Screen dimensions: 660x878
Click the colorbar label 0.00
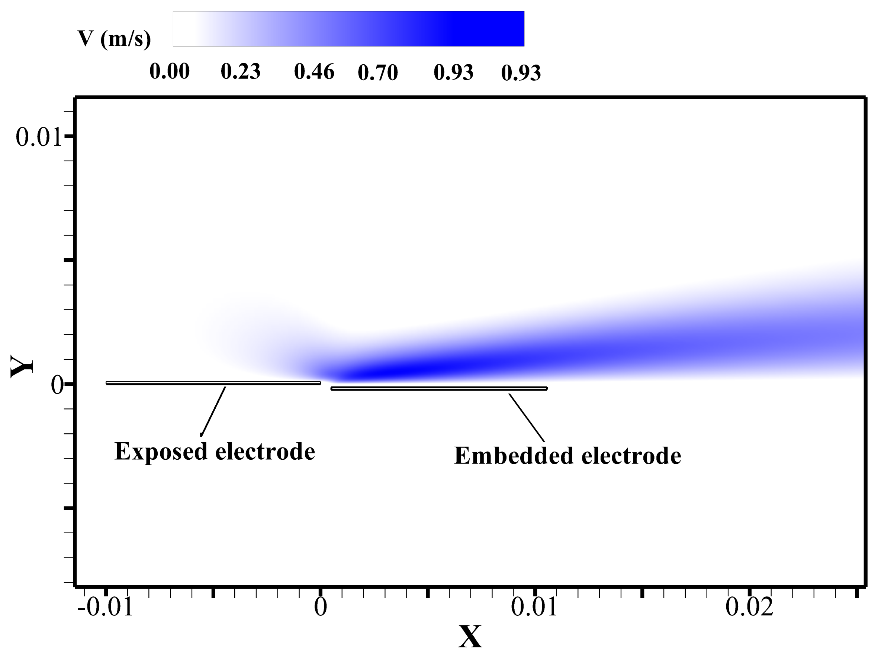pyautogui.click(x=170, y=72)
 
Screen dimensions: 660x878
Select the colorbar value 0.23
pyautogui.click(x=241, y=72)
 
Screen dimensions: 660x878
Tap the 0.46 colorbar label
pyautogui.click(x=314, y=72)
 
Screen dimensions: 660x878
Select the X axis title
pyautogui.click(x=470, y=637)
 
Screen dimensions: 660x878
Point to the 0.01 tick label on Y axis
pyautogui.click(x=39, y=137)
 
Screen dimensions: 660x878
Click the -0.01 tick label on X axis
pyautogui.click(x=105, y=607)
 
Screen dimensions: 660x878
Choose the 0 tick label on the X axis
pyautogui.click(x=320, y=607)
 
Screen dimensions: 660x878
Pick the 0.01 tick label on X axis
pyautogui.click(x=534, y=607)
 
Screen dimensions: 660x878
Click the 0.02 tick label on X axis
pyautogui.click(x=749, y=607)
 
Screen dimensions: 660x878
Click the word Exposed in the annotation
pyautogui.click(x=161, y=452)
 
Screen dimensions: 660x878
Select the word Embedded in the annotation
pyautogui.click(x=514, y=456)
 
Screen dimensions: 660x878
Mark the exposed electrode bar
pyautogui.click(x=213, y=383)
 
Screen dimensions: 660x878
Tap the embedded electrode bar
pyautogui.click(x=439, y=389)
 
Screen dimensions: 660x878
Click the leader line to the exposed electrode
pyautogui.click(x=213, y=411)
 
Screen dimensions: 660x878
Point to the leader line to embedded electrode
pyautogui.click(x=527, y=418)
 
